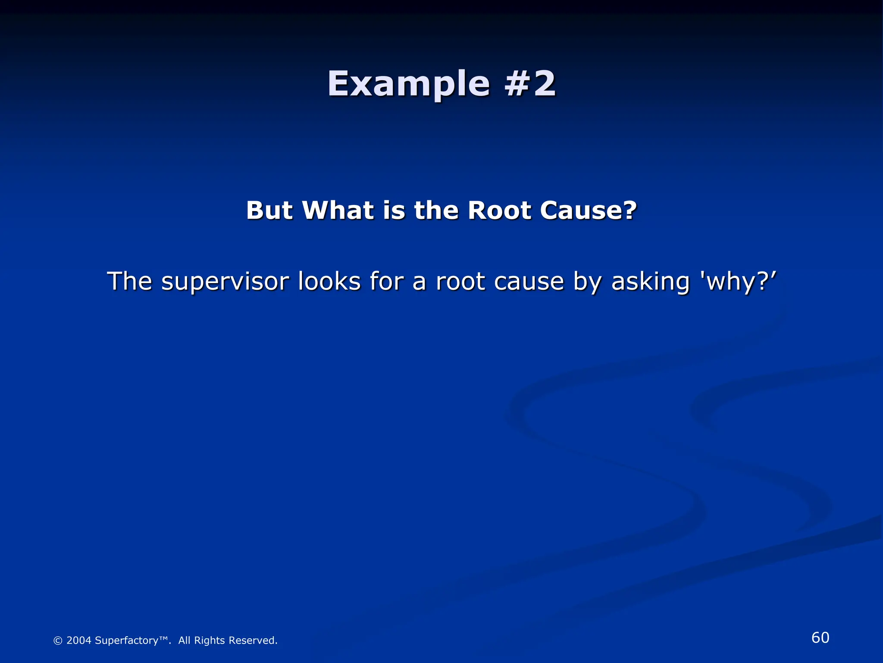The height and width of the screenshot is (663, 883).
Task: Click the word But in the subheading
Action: pos(269,211)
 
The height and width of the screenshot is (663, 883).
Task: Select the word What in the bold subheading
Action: pos(338,211)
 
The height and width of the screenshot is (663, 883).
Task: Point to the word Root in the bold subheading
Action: pos(500,211)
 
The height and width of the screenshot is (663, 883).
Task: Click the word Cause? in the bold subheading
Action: pos(588,211)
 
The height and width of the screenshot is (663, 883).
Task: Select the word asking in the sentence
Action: pos(651,282)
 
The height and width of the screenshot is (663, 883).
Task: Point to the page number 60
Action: pos(820,638)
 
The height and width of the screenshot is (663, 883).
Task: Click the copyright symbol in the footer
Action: pos(58,641)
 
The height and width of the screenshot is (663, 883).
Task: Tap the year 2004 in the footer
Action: pos(79,641)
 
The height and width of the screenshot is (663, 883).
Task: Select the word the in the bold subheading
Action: pos(436,211)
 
